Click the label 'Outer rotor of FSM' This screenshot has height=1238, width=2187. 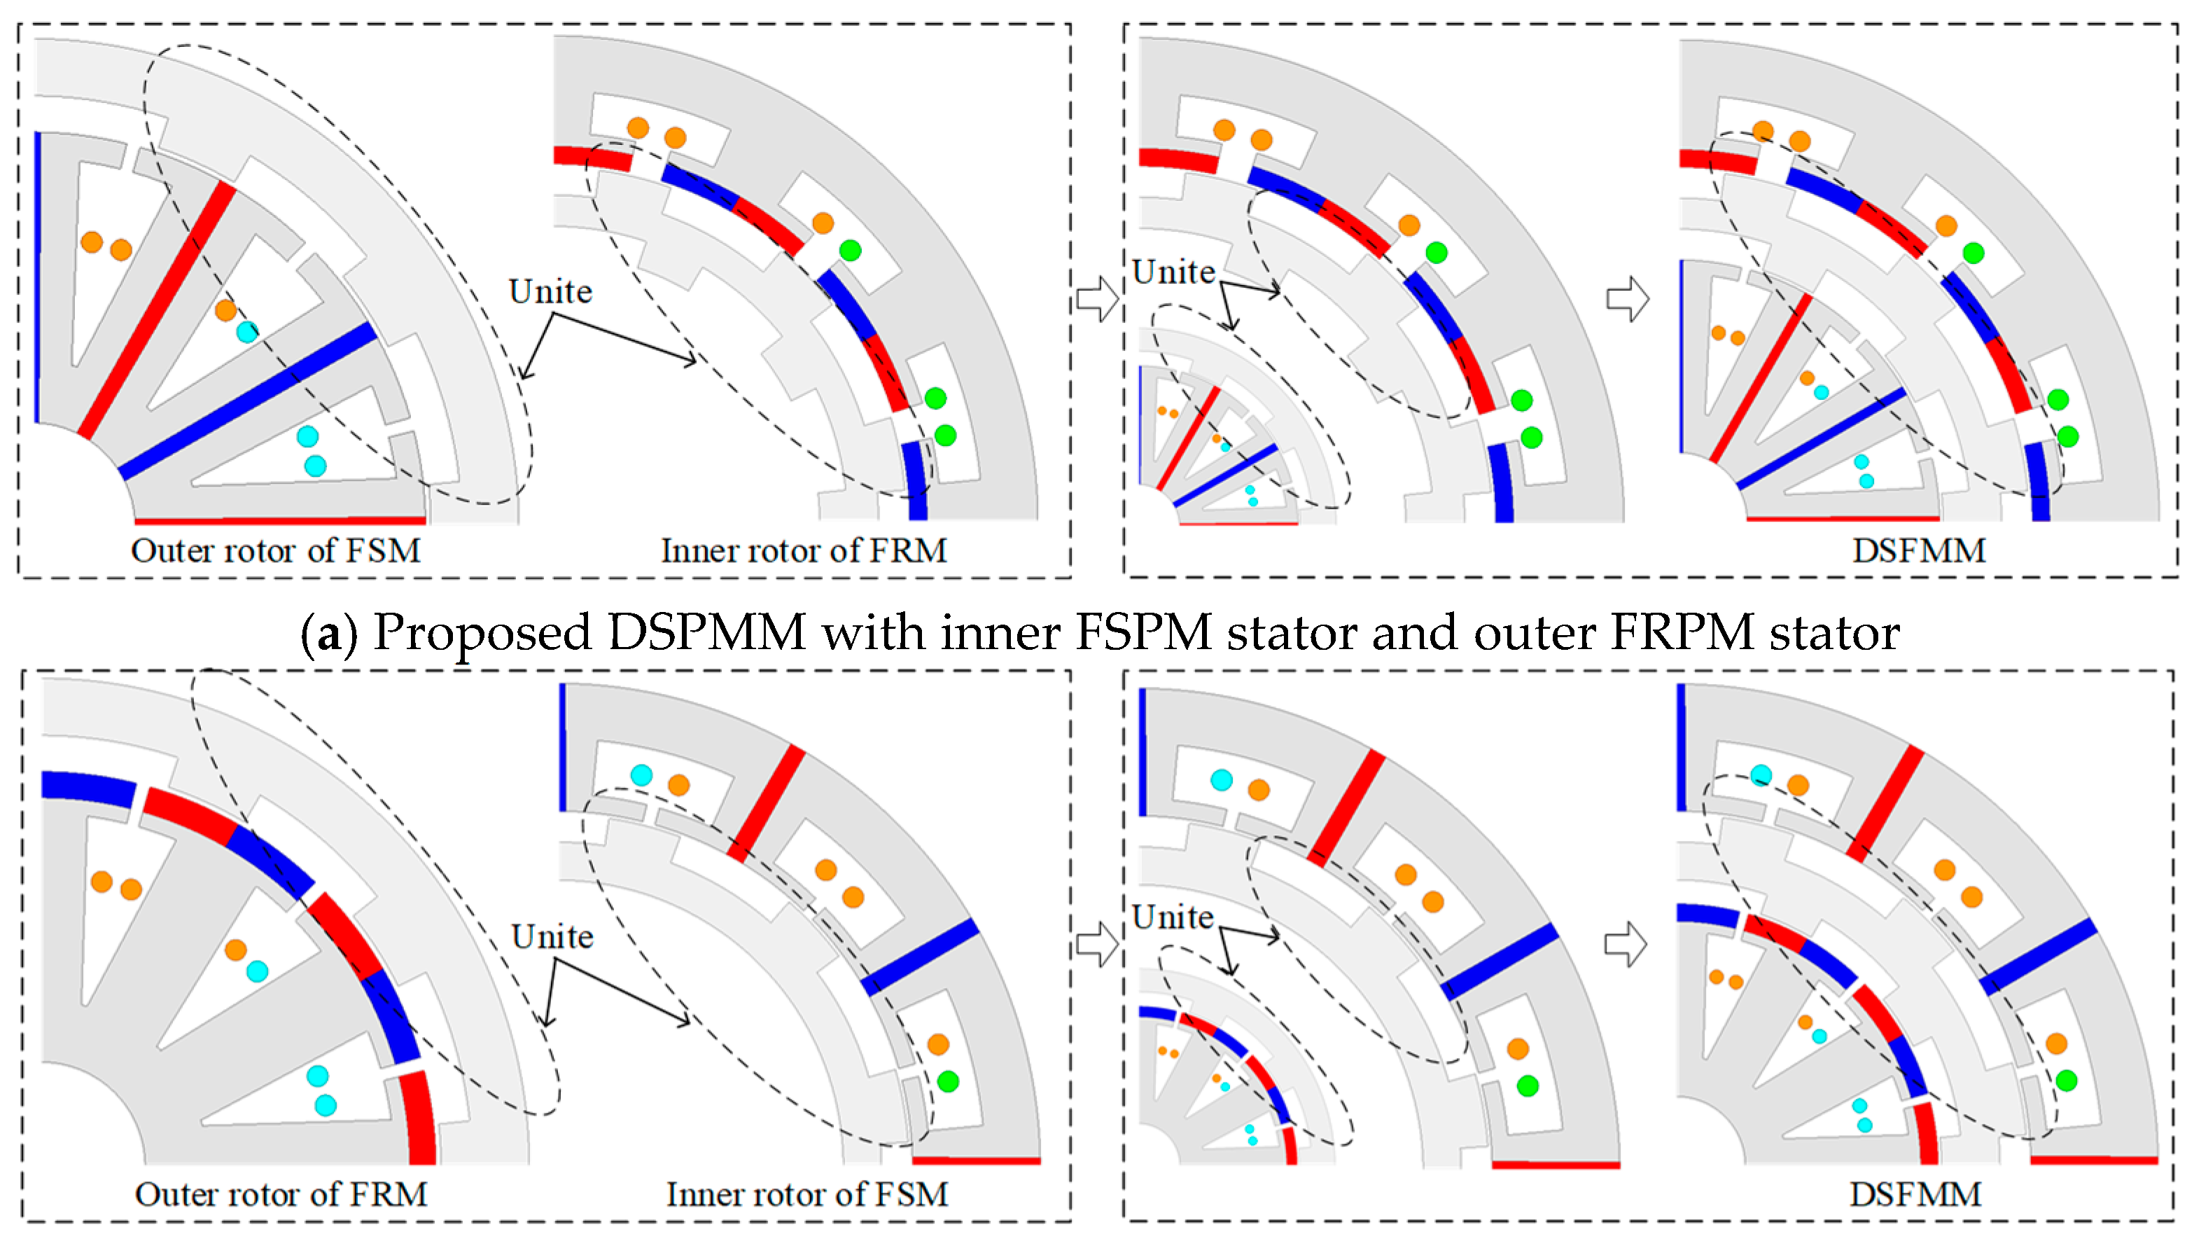click(x=275, y=551)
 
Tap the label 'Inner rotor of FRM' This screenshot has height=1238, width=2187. click(x=803, y=551)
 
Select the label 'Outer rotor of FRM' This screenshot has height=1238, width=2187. click(x=281, y=1195)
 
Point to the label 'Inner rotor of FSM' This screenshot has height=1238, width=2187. click(x=806, y=1195)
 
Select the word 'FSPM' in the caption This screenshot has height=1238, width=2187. click(x=1143, y=634)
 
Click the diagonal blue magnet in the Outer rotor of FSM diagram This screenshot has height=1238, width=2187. click(x=246, y=400)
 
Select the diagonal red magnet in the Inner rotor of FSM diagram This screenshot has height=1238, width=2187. click(x=765, y=804)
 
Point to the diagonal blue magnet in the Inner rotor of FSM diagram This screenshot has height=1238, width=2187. click(x=921, y=957)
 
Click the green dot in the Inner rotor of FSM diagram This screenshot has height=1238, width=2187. click(x=948, y=1082)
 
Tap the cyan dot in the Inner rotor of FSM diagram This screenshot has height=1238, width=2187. click(x=641, y=775)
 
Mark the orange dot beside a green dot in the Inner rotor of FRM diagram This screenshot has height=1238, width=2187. click(x=822, y=223)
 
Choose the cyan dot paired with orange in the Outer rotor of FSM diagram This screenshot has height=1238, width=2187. click(x=247, y=333)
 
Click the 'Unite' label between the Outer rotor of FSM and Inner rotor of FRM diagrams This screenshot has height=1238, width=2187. click(x=550, y=291)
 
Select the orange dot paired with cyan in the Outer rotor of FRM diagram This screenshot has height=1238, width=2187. click(x=235, y=950)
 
